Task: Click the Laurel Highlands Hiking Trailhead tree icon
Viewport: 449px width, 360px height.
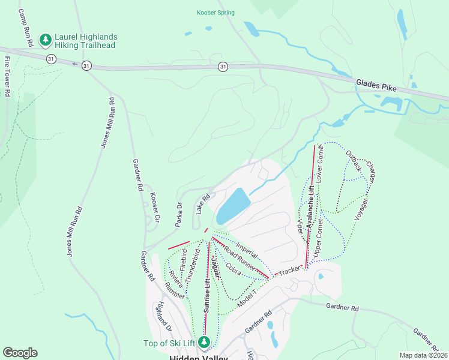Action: (x=45, y=40)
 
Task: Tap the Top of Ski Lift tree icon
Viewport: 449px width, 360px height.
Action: (x=205, y=343)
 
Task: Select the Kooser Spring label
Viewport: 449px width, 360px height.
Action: (x=215, y=13)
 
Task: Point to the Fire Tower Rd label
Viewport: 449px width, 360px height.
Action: (x=7, y=77)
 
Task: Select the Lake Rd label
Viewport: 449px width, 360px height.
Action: (x=203, y=203)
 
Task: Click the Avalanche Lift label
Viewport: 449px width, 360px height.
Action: (x=311, y=205)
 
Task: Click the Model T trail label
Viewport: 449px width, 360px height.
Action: (x=246, y=298)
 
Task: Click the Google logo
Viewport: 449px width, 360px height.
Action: (x=20, y=353)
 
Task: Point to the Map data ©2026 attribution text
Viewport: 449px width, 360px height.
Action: (x=423, y=355)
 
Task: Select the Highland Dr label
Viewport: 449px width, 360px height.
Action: (x=164, y=317)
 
